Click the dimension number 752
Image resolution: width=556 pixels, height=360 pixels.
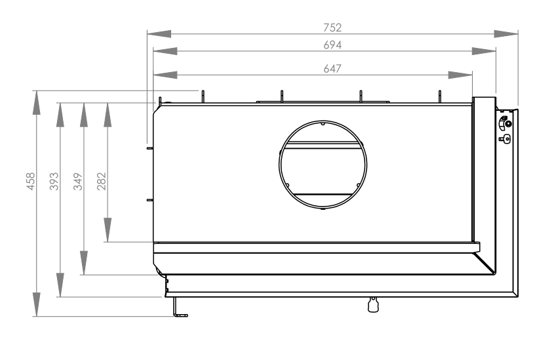332,28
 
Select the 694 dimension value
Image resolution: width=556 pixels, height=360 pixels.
332,45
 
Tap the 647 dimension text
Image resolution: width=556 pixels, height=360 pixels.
332,68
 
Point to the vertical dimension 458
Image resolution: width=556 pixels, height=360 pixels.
31,181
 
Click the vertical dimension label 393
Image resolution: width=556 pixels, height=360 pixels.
54,181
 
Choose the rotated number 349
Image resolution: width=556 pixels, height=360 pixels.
77,181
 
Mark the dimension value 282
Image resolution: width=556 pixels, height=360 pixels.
102,181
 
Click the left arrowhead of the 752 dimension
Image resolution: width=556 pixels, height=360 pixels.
159,33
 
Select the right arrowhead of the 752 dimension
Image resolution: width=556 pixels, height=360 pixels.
506,33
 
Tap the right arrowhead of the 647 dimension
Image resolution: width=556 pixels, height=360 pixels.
460,75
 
